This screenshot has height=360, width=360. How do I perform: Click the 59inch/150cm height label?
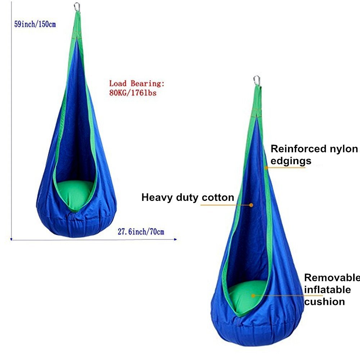[x=35, y=25]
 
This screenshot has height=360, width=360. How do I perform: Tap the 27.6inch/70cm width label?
[x=141, y=231]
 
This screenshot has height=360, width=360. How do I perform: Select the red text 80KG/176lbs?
[x=133, y=92]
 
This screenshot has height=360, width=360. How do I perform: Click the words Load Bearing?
[x=137, y=84]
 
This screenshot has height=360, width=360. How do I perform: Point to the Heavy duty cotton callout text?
[x=188, y=197]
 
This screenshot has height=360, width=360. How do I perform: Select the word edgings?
[x=291, y=161]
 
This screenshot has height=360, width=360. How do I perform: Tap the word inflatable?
[x=327, y=289]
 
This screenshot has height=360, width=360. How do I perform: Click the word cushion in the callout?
[x=324, y=301]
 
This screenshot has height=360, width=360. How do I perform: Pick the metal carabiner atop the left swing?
[x=77, y=6]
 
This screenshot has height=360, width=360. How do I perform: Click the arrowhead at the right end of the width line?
[x=175, y=239]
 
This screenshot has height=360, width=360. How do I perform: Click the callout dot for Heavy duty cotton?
[x=251, y=205]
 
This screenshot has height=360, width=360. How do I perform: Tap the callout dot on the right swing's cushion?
[x=253, y=296]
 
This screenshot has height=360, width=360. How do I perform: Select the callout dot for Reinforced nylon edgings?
[x=266, y=167]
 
